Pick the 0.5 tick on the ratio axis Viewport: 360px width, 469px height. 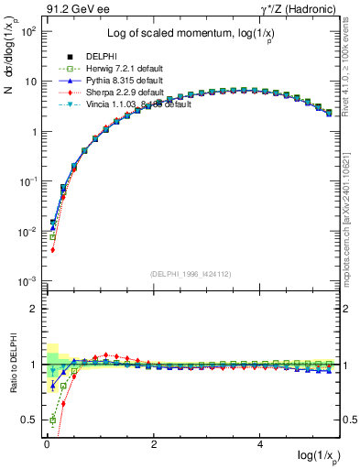click(x=29, y=420)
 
